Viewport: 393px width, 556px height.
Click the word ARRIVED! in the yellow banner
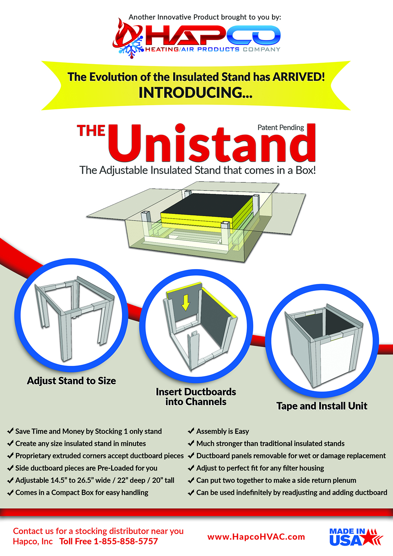(298, 77)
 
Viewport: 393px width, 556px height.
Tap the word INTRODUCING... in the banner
(195, 93)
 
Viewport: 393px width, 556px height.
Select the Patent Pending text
(281, 128)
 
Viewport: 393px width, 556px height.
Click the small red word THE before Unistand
(91, 131)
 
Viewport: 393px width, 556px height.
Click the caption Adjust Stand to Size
(71, 381)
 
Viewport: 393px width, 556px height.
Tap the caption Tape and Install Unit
(321, 406)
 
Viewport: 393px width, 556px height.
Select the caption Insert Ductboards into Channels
(196, 397)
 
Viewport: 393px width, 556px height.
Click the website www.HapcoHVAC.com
(256, 537)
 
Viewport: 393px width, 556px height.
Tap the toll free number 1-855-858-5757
(126, 542)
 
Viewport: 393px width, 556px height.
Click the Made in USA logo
(355, 537)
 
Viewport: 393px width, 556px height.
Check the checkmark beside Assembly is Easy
(191, 431)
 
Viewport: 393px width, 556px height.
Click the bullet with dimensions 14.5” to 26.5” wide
(95, 480)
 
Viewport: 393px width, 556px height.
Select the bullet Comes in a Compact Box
(82, 493)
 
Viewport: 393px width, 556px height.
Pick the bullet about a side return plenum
(276, 480)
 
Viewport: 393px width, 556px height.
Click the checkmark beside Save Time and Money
(10, 431)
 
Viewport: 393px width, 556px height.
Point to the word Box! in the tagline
(306, 171)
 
